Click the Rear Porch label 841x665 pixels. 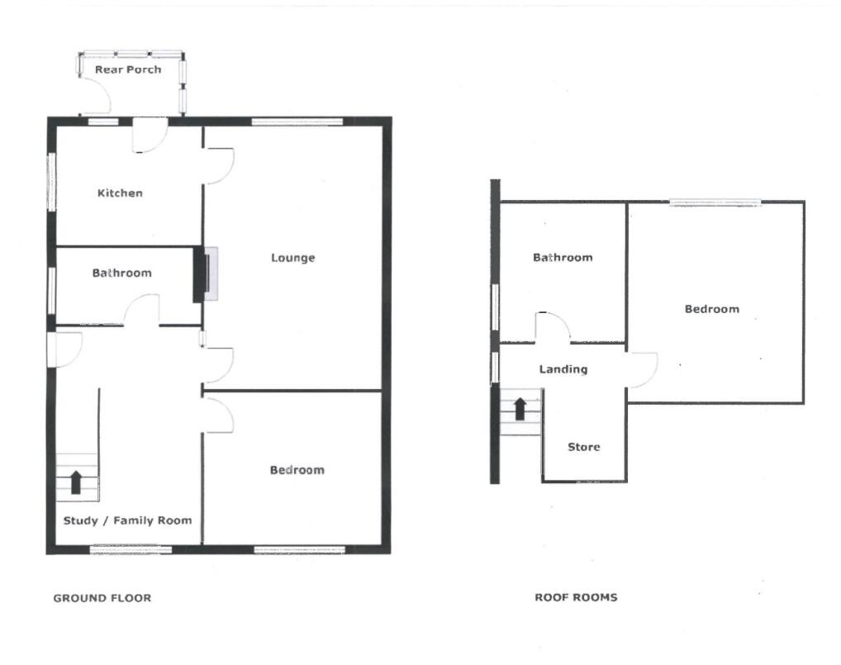[x=128, y=69]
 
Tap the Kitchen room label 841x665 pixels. [x=120, y=193]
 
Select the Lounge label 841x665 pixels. [x=293, y=258]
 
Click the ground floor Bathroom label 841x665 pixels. [x=121, y=273]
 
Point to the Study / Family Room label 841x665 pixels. [x=127, y=520]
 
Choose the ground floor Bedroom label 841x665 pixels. [x=297, y=470]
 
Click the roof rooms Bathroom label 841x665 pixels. [x=563, y=258]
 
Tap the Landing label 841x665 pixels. [x=563, y=369]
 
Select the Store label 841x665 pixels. [x=583, y=447]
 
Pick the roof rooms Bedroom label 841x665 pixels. [x=711, y=309]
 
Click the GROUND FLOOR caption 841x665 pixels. [x=102, y=597]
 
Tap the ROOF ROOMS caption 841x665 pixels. [x=576, y=597]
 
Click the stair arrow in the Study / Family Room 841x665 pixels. [x=76, y=482]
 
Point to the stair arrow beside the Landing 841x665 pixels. [x=520, y=408]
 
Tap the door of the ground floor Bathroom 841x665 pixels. [x=141, y=312]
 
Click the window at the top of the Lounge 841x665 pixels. [x=297, y=122]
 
